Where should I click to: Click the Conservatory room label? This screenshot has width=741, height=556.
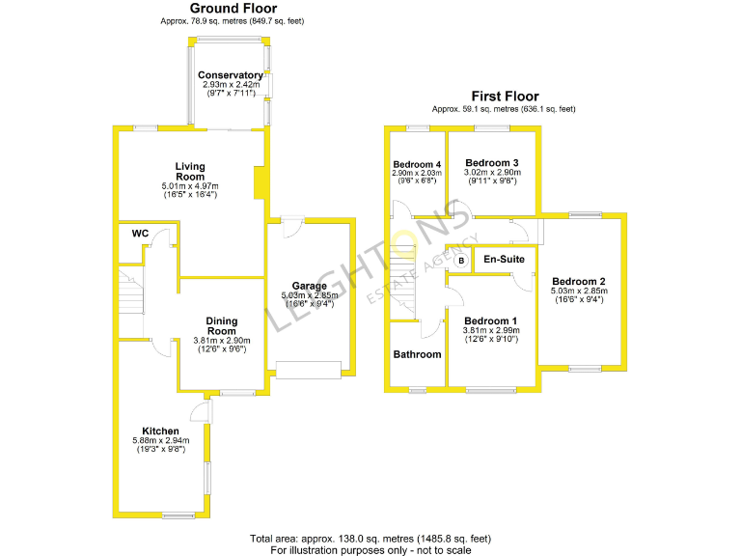click(231, 75)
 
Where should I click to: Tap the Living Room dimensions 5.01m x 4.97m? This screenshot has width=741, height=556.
click(190, 186)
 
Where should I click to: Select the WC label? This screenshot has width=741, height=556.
click(140, 233)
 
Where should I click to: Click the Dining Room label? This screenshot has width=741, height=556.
click(222, 326)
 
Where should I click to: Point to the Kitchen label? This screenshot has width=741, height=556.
click(161, 431)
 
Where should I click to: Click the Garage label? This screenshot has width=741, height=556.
click(310, 286)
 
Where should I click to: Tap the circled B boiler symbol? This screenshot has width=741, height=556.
click(461, 261)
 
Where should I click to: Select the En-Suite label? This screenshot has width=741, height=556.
click(505, 259)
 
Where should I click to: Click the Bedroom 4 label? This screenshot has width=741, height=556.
click(417, 164)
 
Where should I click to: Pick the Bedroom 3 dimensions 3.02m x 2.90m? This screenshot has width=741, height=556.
click(492, 173)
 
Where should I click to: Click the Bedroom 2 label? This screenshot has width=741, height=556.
click(579, 282)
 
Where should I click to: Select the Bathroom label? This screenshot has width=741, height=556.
click(417, 354)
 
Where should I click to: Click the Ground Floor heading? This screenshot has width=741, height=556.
click(233, 8)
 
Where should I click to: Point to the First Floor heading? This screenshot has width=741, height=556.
click(506, 97)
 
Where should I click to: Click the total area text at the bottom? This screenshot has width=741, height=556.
click(370, 539)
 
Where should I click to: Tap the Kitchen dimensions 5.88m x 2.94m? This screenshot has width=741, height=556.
click(161, 440)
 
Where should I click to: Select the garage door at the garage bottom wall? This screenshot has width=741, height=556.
click(309, 371)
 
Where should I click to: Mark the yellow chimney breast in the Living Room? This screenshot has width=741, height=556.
click(260, 182)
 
